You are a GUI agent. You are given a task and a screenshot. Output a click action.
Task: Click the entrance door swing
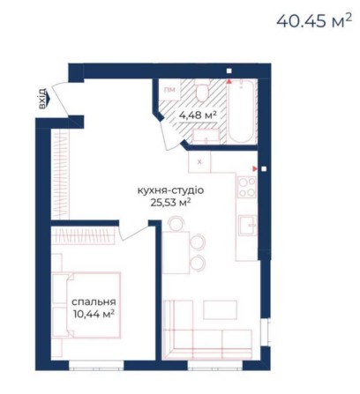click(x=63, y=98)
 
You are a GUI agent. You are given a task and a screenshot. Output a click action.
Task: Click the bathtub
click(x=241, y=112)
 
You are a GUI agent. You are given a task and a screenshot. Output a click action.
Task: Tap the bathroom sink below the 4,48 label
click(x=206, y=135)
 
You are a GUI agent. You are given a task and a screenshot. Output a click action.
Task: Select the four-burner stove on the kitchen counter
click(x=248, y=186)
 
